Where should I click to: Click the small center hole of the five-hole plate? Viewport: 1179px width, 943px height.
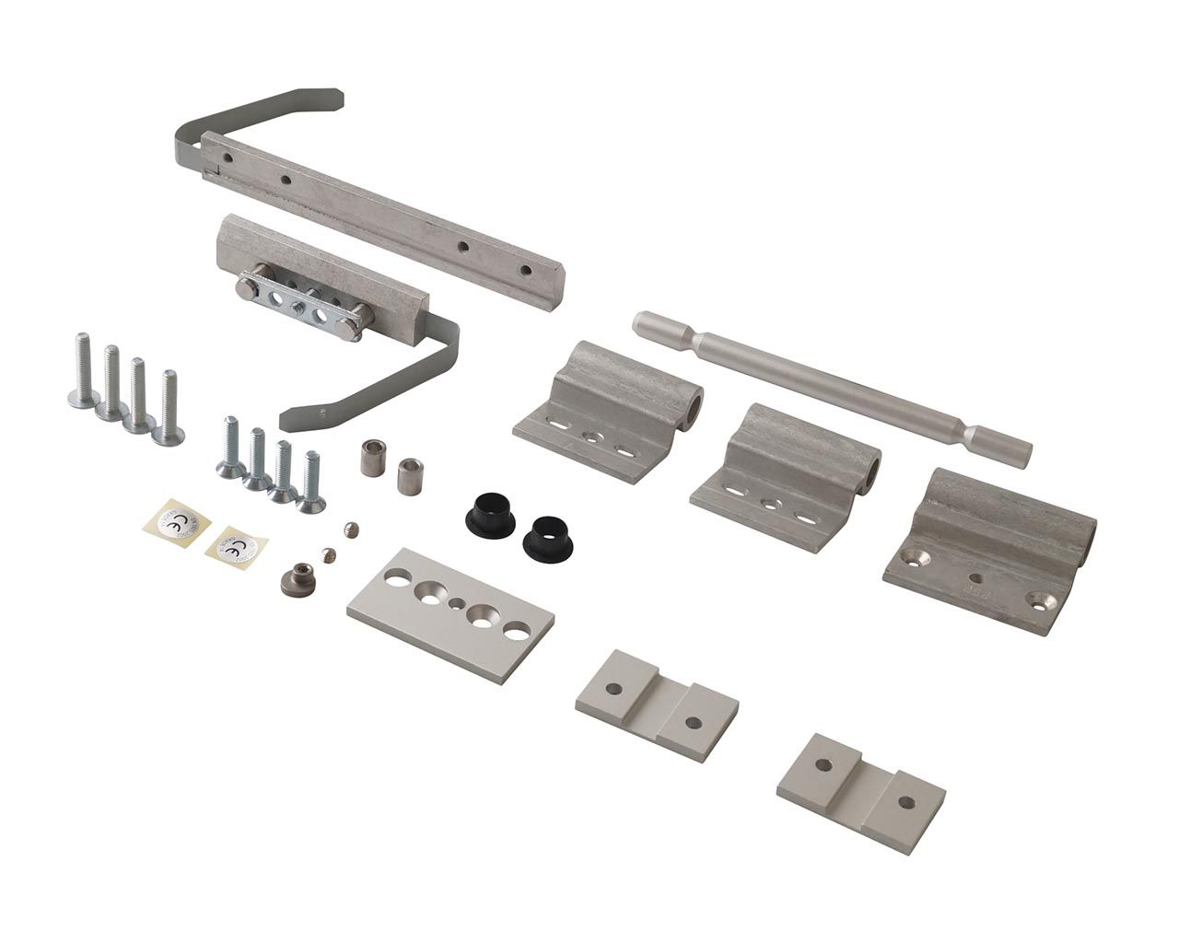[459, 604]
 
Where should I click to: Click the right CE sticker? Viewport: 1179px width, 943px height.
[232, 549]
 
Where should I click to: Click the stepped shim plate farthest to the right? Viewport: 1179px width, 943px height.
[860, 792]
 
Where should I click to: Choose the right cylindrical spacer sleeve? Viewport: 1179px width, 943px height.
[408, 477]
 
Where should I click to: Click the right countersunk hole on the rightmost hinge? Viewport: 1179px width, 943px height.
[1043, 600]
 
